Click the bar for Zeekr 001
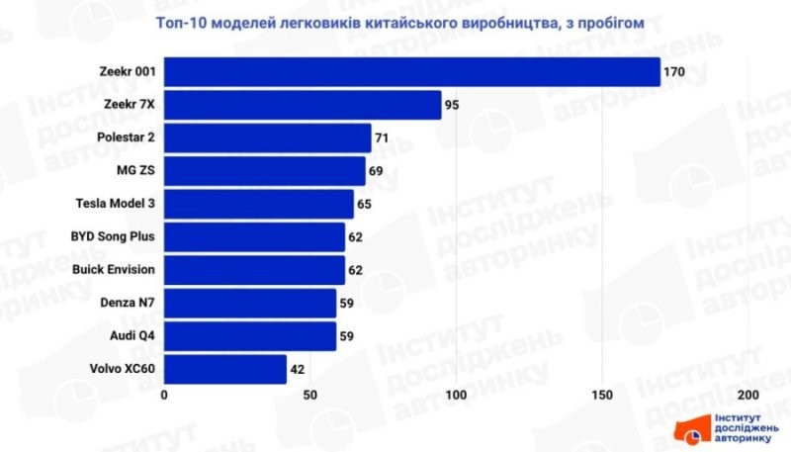click(411, 72)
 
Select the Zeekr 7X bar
click(303, 105)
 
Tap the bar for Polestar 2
click(267, 137)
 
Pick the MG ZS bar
click(264, 171)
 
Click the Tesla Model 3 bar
click(258, 204)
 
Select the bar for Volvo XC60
click(225, 369)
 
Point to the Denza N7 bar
click(250, 303)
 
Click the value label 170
click(674, 72)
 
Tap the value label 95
click(453, 105)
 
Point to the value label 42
click(298, 369)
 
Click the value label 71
click(383, 137)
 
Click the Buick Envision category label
click(114, 269)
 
